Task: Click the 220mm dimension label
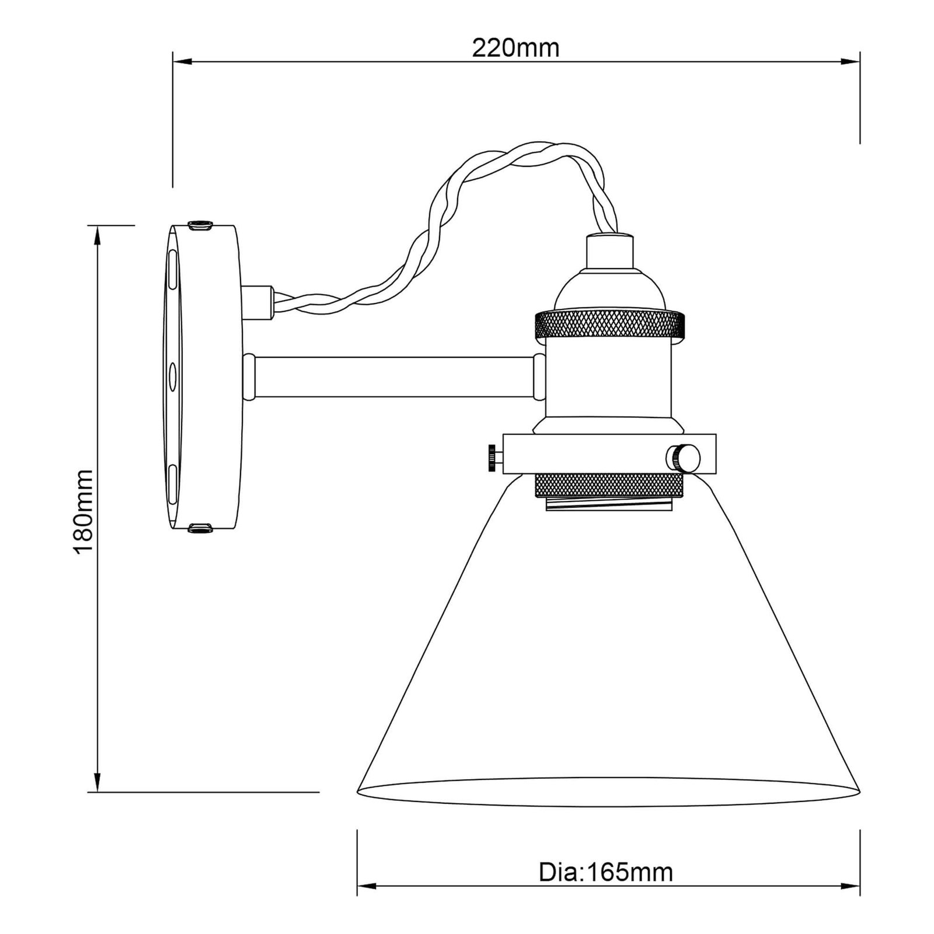point(515,48)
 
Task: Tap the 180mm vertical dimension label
point(83,511)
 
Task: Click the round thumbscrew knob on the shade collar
point(685,458)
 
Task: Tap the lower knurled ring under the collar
point(608,486)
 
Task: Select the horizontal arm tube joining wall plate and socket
point(395,377)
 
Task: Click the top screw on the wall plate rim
point(201,225)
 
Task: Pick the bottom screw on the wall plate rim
point(201,529)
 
